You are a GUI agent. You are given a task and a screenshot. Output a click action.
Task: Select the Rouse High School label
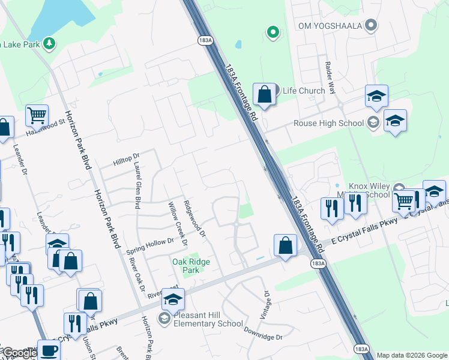tap(328, 123)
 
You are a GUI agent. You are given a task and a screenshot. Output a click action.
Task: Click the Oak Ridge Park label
tap(191, 266)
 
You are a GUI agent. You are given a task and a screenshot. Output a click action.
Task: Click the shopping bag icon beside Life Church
tap(264, 94)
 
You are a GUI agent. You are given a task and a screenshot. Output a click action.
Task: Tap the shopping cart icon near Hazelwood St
tap(37, 115)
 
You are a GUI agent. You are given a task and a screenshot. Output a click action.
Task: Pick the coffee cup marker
tap(49, 350)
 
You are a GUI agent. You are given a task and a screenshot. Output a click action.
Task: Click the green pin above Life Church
tap(273, 32)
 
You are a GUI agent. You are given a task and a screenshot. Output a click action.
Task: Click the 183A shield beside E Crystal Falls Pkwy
tap(318, 263)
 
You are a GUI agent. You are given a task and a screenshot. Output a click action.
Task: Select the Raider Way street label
tap(330, 74)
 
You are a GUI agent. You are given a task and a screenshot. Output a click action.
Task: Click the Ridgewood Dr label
tap(194, 218)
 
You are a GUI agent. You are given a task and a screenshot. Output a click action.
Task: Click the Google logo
tap(19, 353)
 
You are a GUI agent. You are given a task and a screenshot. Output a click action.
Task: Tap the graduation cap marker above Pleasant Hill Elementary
tap(173, 299)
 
